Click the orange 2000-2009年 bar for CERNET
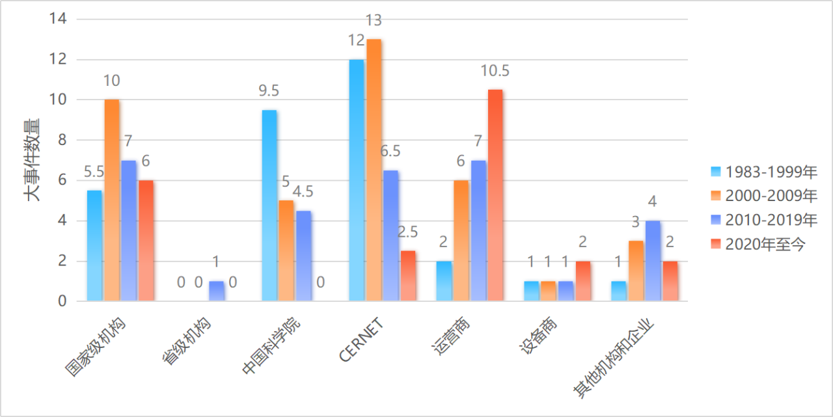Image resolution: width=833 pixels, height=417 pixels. (x=374, y=170)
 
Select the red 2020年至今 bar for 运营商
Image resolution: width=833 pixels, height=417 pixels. (x=496, y=195)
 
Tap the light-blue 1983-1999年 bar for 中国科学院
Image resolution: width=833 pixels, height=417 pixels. (x=269, y=206)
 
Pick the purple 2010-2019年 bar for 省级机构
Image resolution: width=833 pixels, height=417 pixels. (x=217, y=291)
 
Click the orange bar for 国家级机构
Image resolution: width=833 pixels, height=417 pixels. (x=112, y=200)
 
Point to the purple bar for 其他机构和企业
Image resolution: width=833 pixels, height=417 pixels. (x=653, y=261)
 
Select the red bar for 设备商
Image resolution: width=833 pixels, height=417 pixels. (x=583, y=281)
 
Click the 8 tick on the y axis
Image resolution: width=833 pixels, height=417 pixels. (x=62, y=140)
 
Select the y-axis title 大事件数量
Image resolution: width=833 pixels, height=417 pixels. (x=33, y=159)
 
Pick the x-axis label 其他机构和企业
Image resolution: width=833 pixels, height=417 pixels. (x=615, y=357)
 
